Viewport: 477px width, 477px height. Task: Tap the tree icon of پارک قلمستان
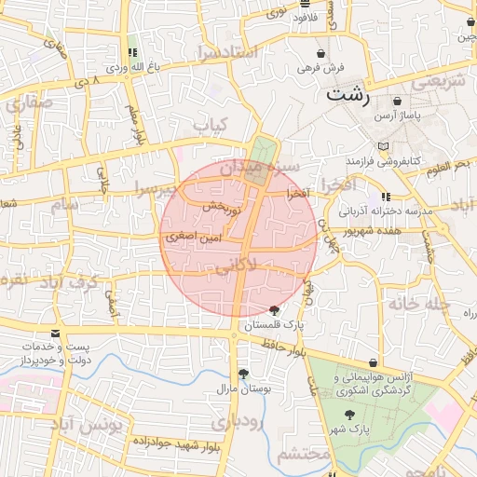pyautogui.click(x=274, y=310)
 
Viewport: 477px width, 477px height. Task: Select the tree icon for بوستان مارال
pyautogui.click(x=243, y=374)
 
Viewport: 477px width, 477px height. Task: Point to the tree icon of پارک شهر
pyautogui.click(x=349, y=415)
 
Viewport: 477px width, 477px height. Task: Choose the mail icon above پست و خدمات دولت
pyautogui.click(x=56, y=333)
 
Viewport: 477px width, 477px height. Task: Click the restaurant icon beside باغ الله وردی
pyautogui.click(x=131, y=53)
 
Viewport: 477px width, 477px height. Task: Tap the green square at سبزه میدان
pyautogui.click(x=264, y=149)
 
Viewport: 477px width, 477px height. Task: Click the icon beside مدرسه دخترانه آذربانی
pyautogui.click(x=386, y=197)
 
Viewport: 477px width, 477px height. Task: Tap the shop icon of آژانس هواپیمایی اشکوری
pyautogui.click(x=374, y=362)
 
